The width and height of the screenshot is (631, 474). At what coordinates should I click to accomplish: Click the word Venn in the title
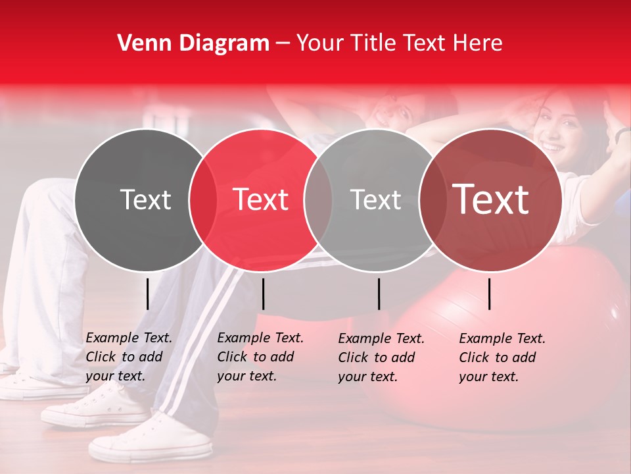click(139, 43)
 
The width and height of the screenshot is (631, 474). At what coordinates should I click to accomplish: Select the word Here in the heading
click(478, 43)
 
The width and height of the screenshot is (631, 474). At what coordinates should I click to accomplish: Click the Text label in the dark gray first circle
click(145, 200)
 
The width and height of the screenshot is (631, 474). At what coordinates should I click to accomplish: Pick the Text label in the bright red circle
click(261, 200)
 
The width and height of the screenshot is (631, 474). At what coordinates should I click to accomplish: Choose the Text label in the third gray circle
click(375, 200)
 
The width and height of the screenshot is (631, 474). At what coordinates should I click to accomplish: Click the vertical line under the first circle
click(147, 294)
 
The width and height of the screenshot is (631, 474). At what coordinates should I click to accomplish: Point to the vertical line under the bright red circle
click(263, 294)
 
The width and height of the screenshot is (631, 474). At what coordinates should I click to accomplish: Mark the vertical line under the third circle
click(379, 294)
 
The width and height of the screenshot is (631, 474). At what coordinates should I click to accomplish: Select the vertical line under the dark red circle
click(490, 294)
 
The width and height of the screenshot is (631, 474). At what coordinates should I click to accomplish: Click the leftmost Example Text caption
click(129, 357)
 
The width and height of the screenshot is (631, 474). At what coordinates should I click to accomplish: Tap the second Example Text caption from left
click(260, 357)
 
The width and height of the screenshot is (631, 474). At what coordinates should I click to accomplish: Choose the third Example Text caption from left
click(381, 357)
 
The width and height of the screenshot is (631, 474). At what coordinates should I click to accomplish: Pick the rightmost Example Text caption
click(502, 357)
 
